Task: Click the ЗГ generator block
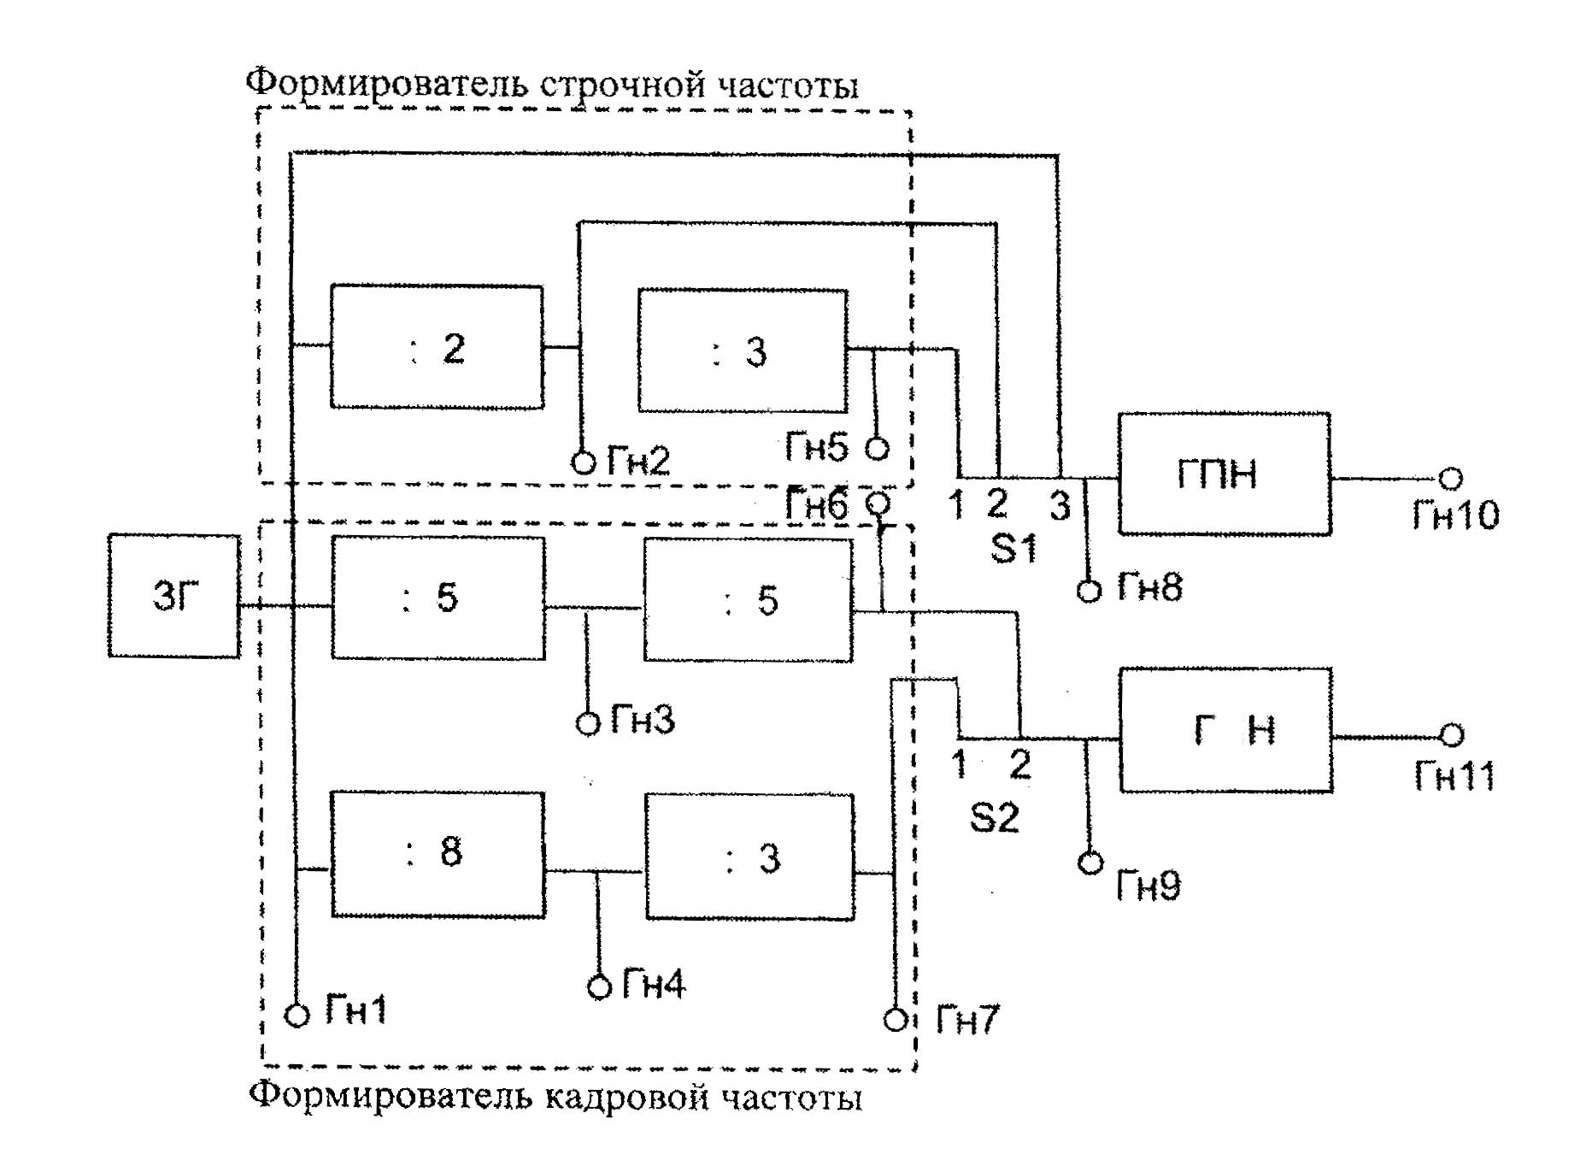173,596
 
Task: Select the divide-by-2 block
437,347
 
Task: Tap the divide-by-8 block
438,854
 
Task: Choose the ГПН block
1224,474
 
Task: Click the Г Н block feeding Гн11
1225,730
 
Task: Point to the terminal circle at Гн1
297,1016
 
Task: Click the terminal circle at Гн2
583,462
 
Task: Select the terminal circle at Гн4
600,987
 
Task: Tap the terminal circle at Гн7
896,1020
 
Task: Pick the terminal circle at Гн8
1089,591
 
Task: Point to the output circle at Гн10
1450,479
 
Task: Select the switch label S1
1013,548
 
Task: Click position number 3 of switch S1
1060,506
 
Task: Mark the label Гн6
817,504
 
